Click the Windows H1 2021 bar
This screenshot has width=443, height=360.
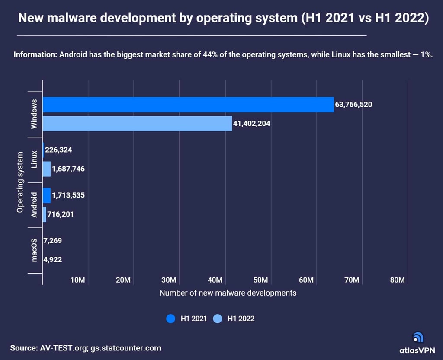[x=188, y=105]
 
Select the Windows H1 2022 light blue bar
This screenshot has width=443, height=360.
[x=137, y=124]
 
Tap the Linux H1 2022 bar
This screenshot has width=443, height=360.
[x=46, y=169]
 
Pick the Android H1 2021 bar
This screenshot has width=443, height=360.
[x=46, y=195]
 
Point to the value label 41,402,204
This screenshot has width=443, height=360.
[x=252, y=124]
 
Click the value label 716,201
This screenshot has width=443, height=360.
[x=60, y=214]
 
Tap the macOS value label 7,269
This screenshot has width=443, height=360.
[x=53, y=240]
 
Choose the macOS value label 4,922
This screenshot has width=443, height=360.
[x=53, y=260]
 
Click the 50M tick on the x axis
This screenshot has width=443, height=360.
[x=260, y=280]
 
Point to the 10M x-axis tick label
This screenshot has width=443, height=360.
[x=77, y=280]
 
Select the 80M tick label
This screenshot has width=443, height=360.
[x=397, y=280]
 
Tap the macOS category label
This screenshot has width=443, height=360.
[x=34, y=250]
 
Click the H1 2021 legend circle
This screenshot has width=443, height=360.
[x=171, y=319]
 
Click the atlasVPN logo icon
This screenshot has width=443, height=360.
[x=418, y=337]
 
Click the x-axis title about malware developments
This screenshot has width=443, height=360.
[x=228, y=293]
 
